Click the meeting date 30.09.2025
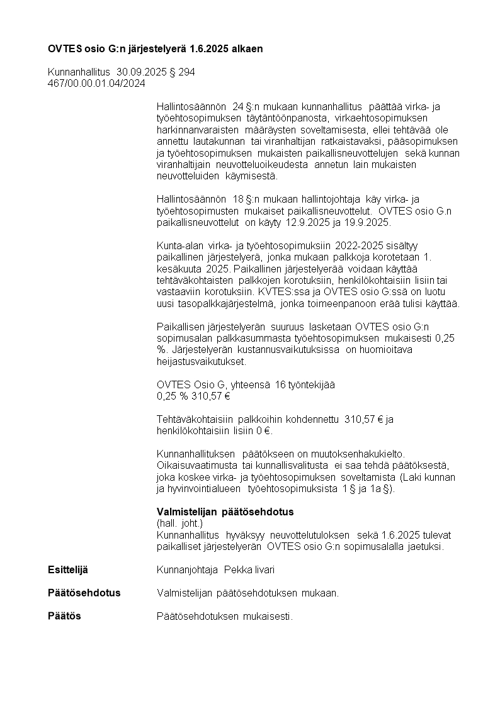(x=138, y=72)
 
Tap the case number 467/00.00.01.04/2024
(x=96, y=83)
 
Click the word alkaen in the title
(x=247, y=48)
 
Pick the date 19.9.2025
(x=368, y=223)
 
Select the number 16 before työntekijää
(x=281, y=385)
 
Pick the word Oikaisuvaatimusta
(x=196, y=465)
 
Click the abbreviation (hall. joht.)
(x=180, y=524)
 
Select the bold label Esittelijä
(x=68, y=570)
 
